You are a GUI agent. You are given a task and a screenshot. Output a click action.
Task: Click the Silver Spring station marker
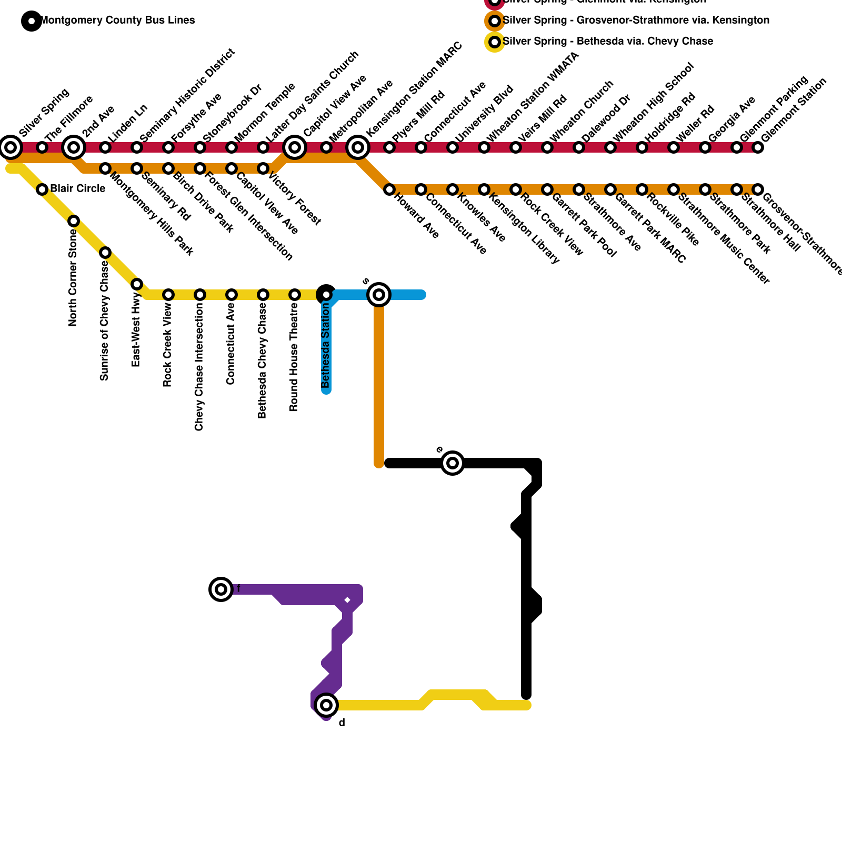coord(11,147)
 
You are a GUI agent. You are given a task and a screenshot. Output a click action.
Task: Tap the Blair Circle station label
coord(77,189)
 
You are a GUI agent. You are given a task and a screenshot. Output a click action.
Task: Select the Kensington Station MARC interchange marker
coord(358,147)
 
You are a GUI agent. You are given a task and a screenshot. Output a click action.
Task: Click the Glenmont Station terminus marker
coord(758,147)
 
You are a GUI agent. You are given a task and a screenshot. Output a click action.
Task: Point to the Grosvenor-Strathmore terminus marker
coord(758,189)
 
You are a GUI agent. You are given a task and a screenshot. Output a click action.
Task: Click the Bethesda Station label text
coord(326,345)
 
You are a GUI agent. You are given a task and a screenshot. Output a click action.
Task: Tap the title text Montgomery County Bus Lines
coord(117,21)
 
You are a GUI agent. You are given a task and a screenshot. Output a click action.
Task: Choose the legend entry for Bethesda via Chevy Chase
coord(608,42)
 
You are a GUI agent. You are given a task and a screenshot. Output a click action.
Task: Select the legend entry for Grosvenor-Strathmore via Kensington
coord(636,21)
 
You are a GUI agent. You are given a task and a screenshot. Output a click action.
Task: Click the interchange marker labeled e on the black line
coord(453,463)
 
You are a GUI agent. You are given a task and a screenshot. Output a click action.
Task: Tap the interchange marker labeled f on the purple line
coord(221,589)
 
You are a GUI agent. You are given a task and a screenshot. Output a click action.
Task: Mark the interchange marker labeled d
coord(326,705)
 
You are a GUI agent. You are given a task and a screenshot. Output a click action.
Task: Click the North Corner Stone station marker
coord(74,221)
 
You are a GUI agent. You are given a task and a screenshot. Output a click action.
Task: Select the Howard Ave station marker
coord(389,189)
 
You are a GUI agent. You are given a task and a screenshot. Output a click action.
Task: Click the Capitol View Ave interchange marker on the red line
coord(295,147)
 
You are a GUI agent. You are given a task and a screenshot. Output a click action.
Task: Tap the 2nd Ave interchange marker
coord(74,147)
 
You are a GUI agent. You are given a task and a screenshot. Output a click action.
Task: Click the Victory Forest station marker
coord(263,168)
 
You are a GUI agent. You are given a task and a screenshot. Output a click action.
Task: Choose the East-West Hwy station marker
coord(137,284)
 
